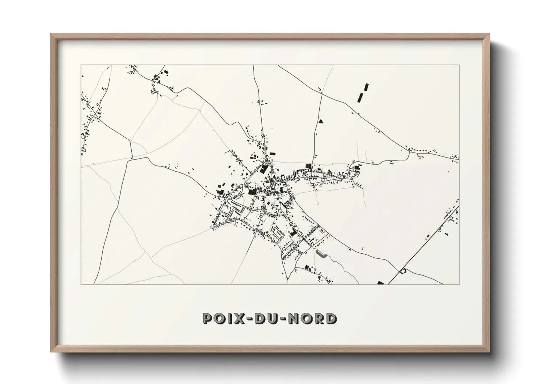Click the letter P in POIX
208,319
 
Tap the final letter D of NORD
331,319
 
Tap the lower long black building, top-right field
361,97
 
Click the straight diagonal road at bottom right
425,243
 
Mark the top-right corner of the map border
459,65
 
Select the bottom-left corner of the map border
81,284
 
